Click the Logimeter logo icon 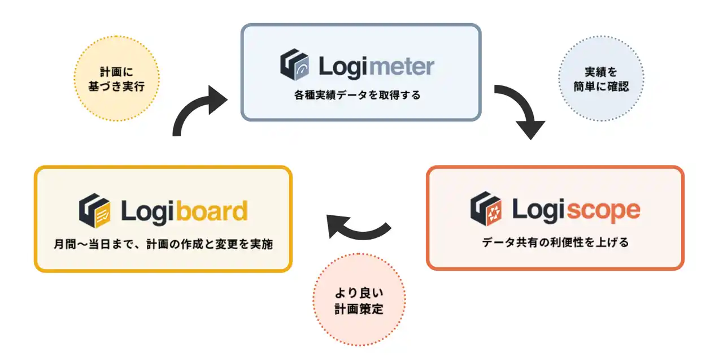tap(294, 66)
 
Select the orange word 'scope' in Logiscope tap(603, 210)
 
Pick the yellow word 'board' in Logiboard tap(212, 211)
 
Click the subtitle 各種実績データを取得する tap(357, 95)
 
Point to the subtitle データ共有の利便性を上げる tap(555, 242)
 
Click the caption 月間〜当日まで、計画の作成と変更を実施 tap(162, 245)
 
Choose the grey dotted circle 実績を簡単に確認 tap(599, 80)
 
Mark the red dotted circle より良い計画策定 tap(359, 300)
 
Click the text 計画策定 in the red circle tap(359, 309)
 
